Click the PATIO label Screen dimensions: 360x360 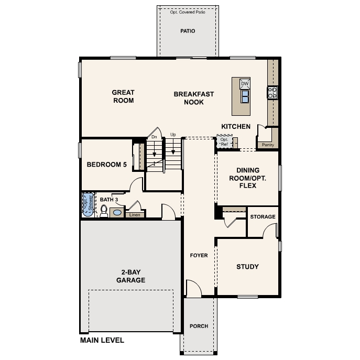click(x=188, y=31)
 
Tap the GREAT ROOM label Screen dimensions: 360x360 click(x=123, y=96)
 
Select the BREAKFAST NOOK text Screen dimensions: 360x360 click(x=194, y=98)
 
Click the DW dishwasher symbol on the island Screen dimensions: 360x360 click(x=245, y=84)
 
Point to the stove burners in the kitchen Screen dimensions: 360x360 click(x=272, y=93)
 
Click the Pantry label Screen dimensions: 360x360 click(x=268, y=145)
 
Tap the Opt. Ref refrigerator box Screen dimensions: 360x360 click(x=224, y=141)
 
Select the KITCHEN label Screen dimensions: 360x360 click(x=236, y=126)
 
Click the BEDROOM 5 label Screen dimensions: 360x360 click(x=107, y=164)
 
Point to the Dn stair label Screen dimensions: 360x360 click(x=154, y=137)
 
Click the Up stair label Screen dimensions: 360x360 click(x=173, y=135)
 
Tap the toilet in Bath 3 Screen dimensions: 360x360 click(x=104, y=211)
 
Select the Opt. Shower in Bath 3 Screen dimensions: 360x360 click(x=87, y=205)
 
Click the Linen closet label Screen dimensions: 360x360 click(x=134, y=214)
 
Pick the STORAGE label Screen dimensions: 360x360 click(x=263, y=217)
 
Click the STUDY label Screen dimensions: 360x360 click(x=247, y=267)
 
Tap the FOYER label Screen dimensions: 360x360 click(x=199, y=256)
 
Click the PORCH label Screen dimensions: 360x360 click(x=199, y=326)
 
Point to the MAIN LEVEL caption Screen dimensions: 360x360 click(x=102, y=340)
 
